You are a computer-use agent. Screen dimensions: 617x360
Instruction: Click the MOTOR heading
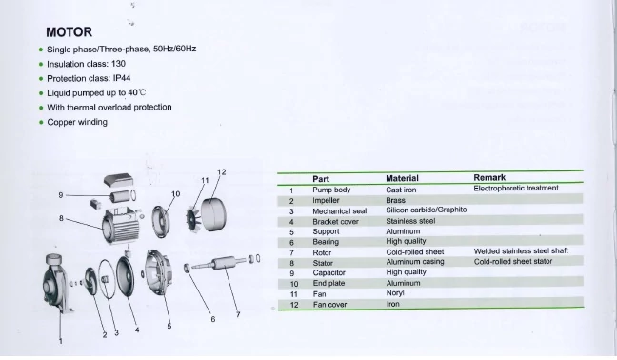point(69,31)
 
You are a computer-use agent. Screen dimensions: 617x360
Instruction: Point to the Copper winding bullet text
point(77,122)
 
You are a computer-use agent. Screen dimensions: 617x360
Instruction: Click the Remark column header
point(489,177)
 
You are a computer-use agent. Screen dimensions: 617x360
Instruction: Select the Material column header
point(402,178)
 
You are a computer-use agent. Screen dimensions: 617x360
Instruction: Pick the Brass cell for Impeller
point(395,200)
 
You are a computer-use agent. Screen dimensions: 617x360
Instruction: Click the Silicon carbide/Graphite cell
point(427,210)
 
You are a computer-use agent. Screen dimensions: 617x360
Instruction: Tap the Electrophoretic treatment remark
point(516,188)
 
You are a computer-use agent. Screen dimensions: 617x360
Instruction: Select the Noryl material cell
point(395,293)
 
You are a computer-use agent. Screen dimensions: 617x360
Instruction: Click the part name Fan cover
point(329,305)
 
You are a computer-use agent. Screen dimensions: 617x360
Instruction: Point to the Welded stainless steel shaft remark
point(521,251)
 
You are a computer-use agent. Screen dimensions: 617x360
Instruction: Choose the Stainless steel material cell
point(410,221)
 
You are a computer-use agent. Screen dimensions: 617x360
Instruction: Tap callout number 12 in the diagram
point(222,172)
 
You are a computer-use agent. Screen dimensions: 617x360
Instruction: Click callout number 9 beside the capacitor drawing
point(61,195)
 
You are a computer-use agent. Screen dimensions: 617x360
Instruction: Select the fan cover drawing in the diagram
point(213,214)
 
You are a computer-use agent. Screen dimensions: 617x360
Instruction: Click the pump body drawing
point(55,281)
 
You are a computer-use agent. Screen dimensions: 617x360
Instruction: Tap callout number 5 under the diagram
point(169,326)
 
